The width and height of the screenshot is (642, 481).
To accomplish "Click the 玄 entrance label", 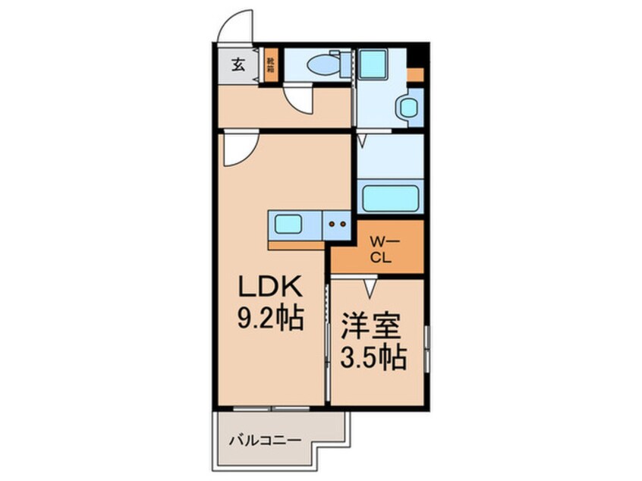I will [238, 65].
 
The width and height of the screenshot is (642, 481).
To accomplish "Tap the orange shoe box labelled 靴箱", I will [271, 64].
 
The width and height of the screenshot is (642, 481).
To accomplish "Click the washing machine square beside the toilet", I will [374, 64].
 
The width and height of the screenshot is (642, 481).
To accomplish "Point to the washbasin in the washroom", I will [409, 108].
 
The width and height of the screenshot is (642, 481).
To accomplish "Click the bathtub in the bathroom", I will [389, 199].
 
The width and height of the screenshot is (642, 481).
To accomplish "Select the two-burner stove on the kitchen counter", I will [337, 224].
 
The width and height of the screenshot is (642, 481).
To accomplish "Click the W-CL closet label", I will [379, 249].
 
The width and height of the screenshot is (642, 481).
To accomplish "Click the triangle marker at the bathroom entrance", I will [362, 140].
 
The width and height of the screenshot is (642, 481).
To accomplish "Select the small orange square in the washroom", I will [415, 74].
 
